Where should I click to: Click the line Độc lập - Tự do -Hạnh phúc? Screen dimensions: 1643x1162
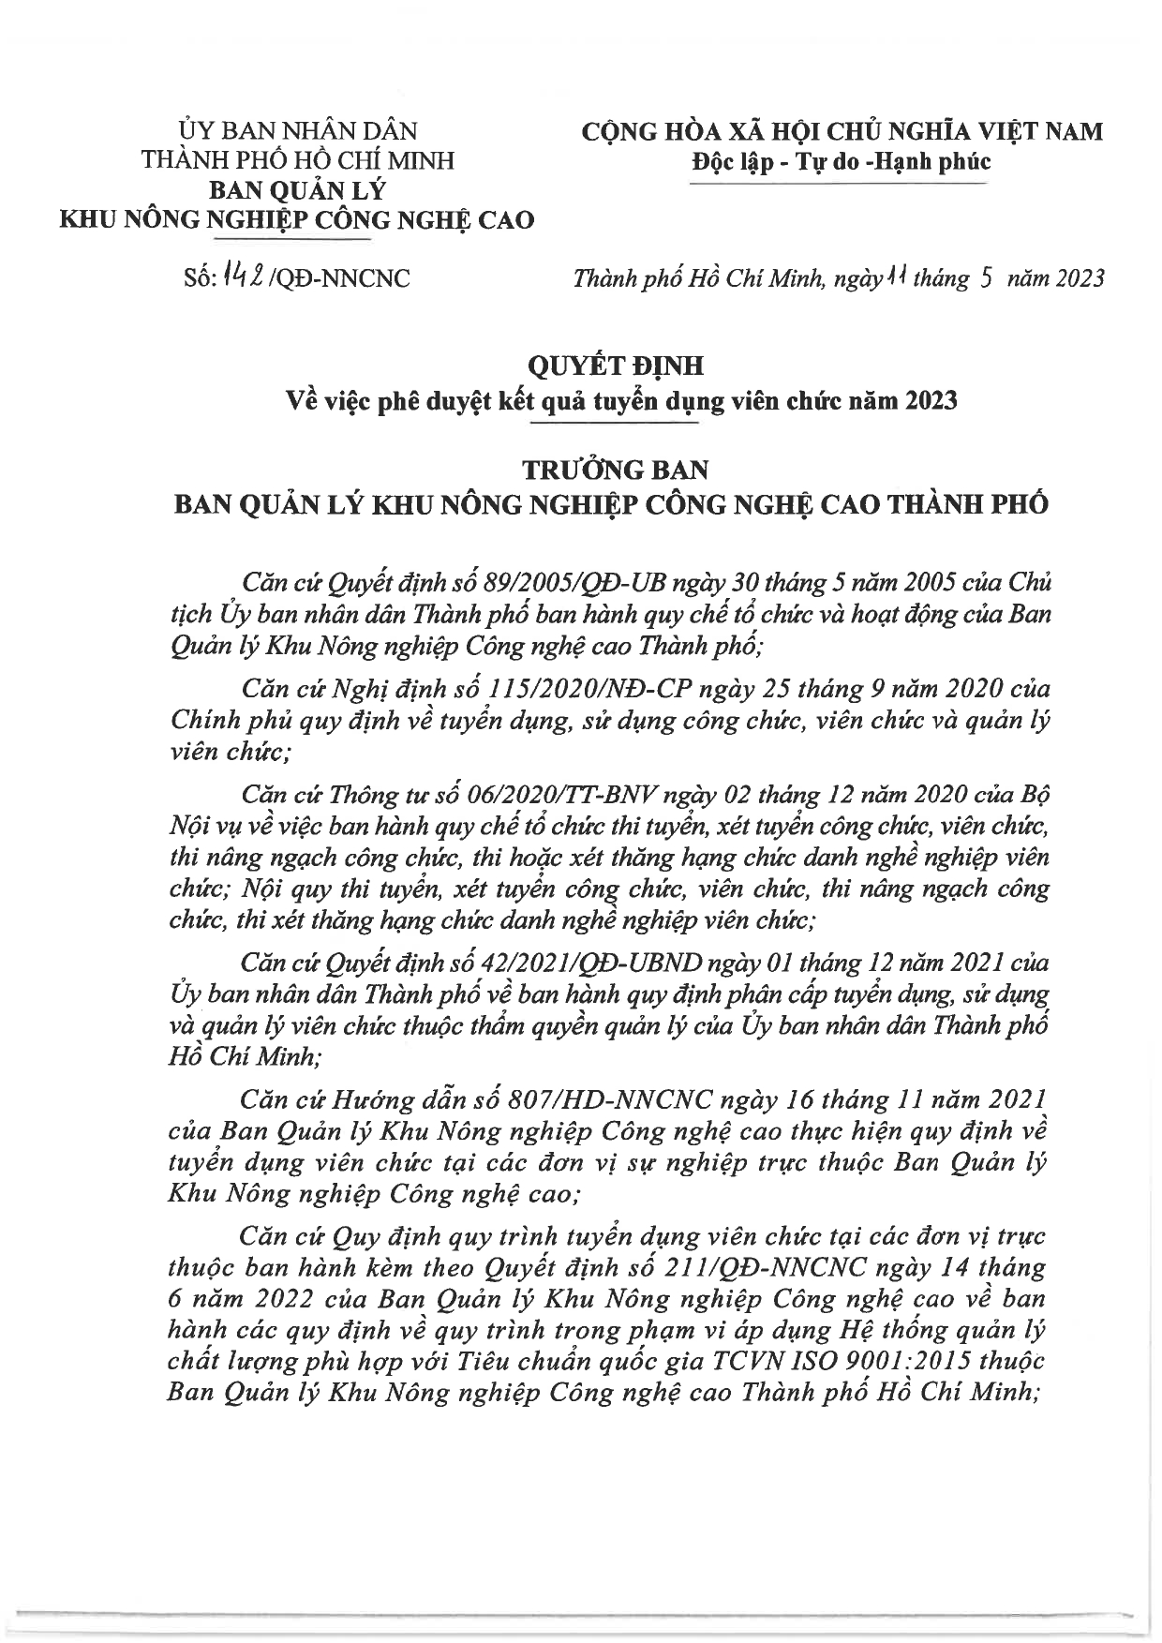point(840,160)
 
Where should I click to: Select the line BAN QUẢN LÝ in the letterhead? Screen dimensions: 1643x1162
point(295,190)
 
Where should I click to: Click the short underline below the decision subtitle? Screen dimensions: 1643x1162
point(615,426)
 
